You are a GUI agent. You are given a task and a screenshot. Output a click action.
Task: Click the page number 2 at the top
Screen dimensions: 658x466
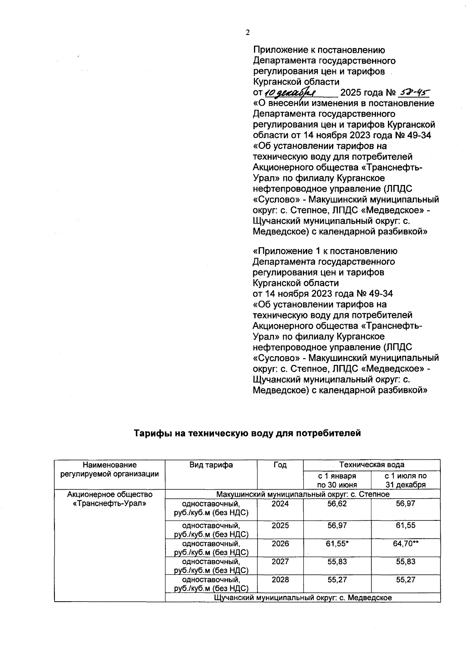coord(247,33)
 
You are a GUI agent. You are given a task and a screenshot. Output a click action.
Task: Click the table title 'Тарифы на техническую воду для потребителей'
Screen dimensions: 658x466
coord(247,433)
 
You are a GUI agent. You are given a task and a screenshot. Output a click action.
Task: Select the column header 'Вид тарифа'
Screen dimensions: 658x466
coord(211,465)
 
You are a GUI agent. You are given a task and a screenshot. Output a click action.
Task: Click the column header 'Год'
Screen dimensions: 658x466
coord(280,465)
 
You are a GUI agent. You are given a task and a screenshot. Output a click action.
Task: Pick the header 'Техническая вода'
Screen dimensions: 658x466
coord(372,464)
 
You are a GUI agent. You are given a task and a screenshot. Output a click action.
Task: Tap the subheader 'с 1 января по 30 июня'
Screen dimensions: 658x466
coord(337,480)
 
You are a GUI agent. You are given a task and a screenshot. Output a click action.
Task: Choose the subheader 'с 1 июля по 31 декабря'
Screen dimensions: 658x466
coord(405,480)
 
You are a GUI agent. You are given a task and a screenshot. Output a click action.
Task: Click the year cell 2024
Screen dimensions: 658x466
coord(280,504)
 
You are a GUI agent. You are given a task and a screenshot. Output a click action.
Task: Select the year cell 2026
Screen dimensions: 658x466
coord(280,544)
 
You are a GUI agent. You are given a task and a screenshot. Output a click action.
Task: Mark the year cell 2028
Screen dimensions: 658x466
coord(280,579)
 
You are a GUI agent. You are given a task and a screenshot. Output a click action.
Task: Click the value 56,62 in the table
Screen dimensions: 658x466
coord(337,504)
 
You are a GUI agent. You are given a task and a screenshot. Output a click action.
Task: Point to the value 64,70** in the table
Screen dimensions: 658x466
coord(405,544)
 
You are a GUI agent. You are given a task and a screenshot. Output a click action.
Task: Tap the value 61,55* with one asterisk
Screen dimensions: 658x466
coord(337,544)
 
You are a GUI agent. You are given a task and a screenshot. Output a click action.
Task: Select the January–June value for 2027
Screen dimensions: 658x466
coord(337,562)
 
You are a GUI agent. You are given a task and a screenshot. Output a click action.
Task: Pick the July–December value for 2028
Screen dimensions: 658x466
coord(405,579)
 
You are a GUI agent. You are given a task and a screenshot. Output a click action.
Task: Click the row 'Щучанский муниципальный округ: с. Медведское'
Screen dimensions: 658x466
coord(303,597)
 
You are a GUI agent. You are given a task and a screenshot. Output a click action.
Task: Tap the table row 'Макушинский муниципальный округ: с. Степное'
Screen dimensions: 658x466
coord(303,494)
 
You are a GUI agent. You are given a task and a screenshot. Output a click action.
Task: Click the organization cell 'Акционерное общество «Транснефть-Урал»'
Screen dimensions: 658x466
coord(110,499)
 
